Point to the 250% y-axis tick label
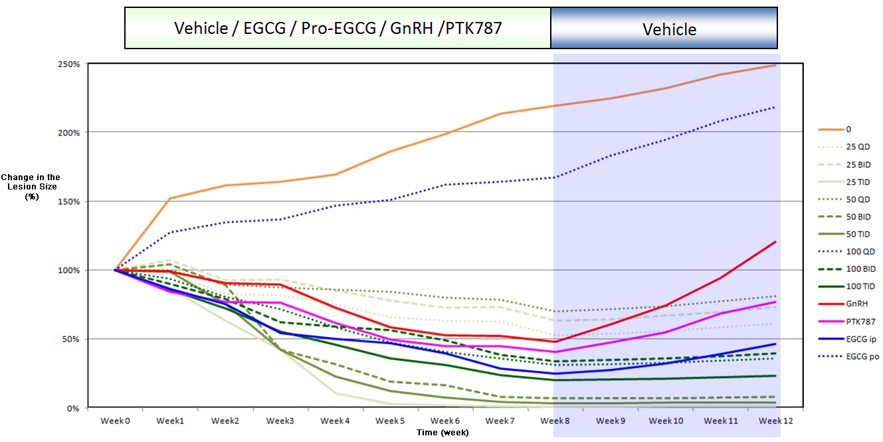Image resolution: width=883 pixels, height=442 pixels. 68,64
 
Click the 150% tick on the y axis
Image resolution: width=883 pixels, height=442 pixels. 68,201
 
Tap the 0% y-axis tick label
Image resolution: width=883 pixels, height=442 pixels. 71,407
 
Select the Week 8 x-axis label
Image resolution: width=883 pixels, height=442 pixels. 554,421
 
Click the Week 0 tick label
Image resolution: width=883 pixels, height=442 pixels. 115,421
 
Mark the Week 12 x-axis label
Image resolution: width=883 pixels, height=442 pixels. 775,421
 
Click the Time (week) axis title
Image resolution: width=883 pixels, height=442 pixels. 442,433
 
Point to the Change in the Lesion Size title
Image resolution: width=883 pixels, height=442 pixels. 31,187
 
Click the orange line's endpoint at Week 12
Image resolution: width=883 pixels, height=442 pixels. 775,65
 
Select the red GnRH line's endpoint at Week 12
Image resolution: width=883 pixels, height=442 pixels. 775,242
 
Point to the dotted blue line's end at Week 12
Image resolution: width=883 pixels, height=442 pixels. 775,107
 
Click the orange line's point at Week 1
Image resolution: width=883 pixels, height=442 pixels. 170,198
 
